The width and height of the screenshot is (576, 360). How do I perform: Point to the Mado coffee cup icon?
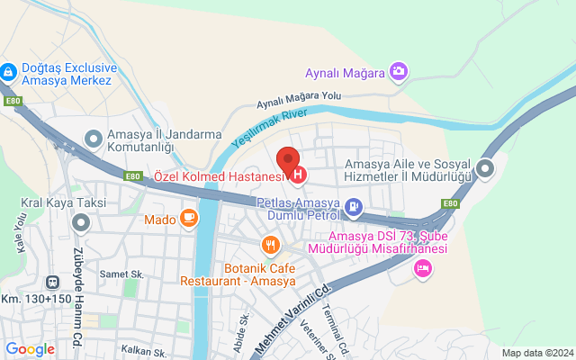(188, 217)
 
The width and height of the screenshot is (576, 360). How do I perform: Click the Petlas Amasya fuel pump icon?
(354, 210)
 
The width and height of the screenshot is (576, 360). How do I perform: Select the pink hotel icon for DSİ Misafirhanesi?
(422, 267)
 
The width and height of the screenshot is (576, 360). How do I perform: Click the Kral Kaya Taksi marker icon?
(82, 221)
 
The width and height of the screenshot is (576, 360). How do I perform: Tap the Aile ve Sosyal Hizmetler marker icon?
(486, 168)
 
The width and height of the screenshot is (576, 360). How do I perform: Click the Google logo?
(31, 349)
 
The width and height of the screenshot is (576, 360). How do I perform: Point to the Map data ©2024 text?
(536, 353)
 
